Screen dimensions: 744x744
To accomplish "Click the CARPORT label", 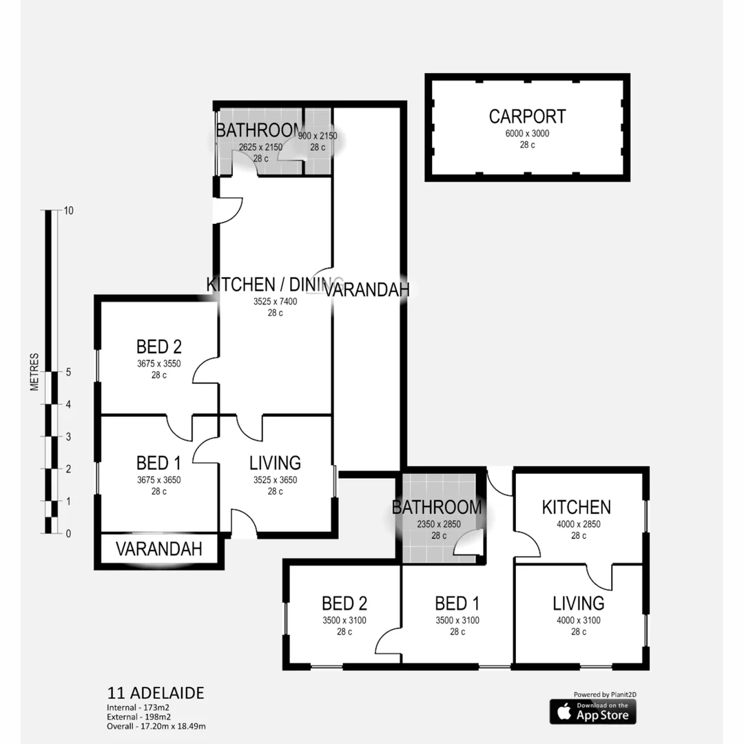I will click(527, 116).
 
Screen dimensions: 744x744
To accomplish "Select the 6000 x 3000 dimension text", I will click(527, 134).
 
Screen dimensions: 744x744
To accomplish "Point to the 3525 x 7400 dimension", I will click(275, 301).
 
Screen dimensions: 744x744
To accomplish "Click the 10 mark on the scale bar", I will click(68, 211).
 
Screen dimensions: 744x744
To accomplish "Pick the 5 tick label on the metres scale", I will click(68, 372).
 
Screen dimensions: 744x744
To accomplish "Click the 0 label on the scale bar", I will click(68, 533).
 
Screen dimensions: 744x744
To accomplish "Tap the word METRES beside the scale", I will click(34, 372).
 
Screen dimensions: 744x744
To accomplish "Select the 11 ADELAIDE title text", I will click(156, 693).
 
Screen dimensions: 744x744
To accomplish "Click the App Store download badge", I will click(592, 712).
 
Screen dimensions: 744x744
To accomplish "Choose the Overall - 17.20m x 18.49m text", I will click(156, 725).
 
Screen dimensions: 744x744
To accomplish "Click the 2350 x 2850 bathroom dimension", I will click(437, 525).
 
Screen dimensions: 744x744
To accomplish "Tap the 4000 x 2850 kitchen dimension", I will click(576, 525).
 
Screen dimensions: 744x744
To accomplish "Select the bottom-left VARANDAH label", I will click(158, 549).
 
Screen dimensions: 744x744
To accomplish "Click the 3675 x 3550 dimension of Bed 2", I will click(158, 364).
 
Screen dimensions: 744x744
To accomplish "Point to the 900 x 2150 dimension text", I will click(318, 136).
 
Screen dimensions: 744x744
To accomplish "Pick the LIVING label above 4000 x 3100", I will click(578, 603).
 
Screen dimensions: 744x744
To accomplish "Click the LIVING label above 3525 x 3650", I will click(275, 463).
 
